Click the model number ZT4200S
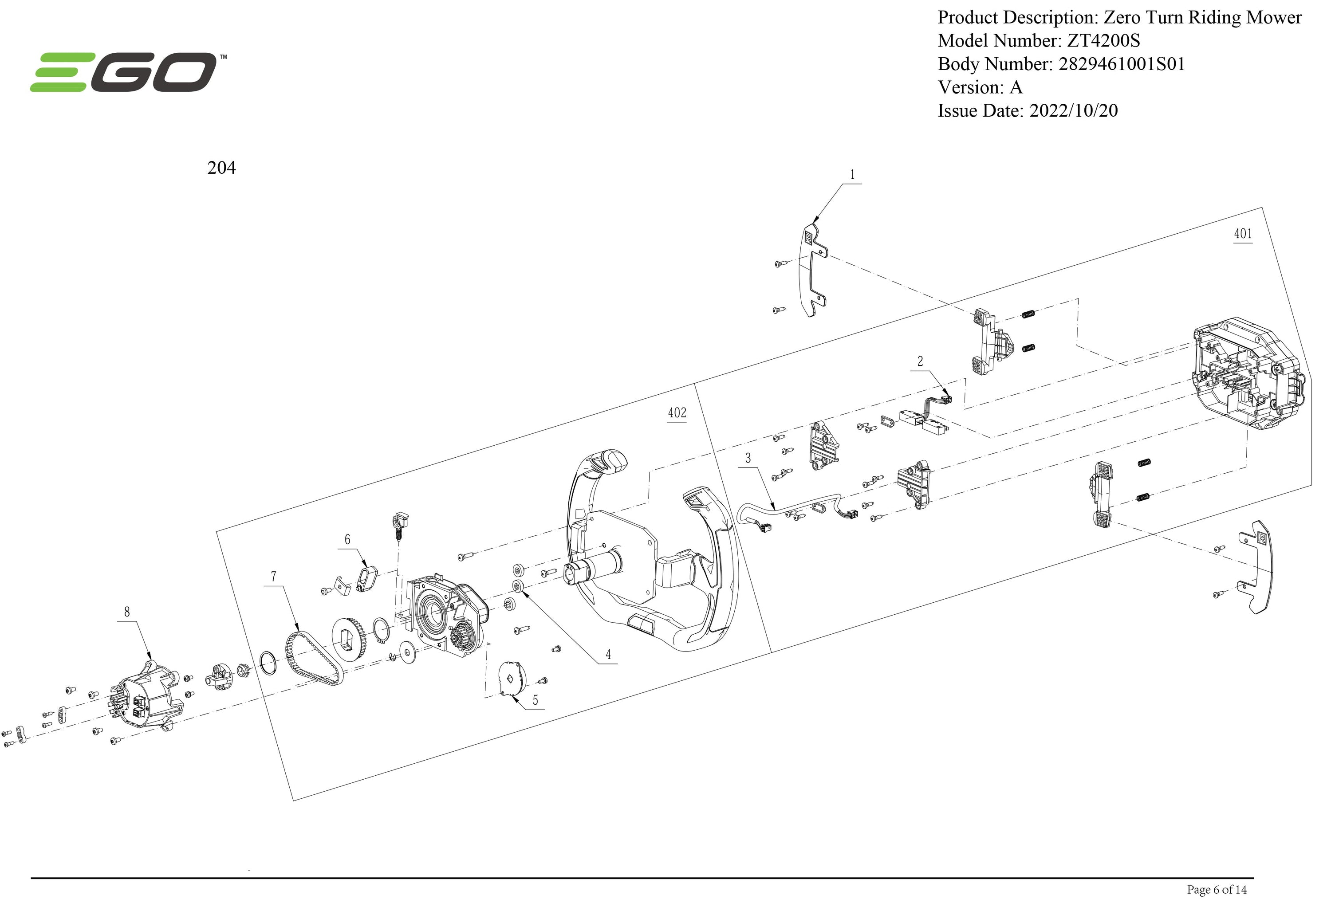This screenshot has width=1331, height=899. [x=1103, y=41]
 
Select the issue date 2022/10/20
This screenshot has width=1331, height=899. [x=1073, y=110]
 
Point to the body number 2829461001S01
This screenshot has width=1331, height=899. [x=1122, y=64]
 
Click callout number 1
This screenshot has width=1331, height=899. [x=852, y=175]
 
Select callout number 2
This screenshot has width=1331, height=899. [x=920, y=361]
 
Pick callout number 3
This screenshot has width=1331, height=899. [x=748, y=458]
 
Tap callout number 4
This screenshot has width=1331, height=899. [x=608, y=655]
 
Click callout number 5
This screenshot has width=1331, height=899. [x=535, y=700]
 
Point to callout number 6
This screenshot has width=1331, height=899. [x=347, y=539]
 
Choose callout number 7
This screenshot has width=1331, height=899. [x=274, y=577]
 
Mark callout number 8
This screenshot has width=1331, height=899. [x=127, y=612]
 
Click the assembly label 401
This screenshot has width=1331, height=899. [x=1242, y=234]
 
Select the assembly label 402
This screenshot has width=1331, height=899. [x=677, y=413]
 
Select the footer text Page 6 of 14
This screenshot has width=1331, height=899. [x=1217, y=889]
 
